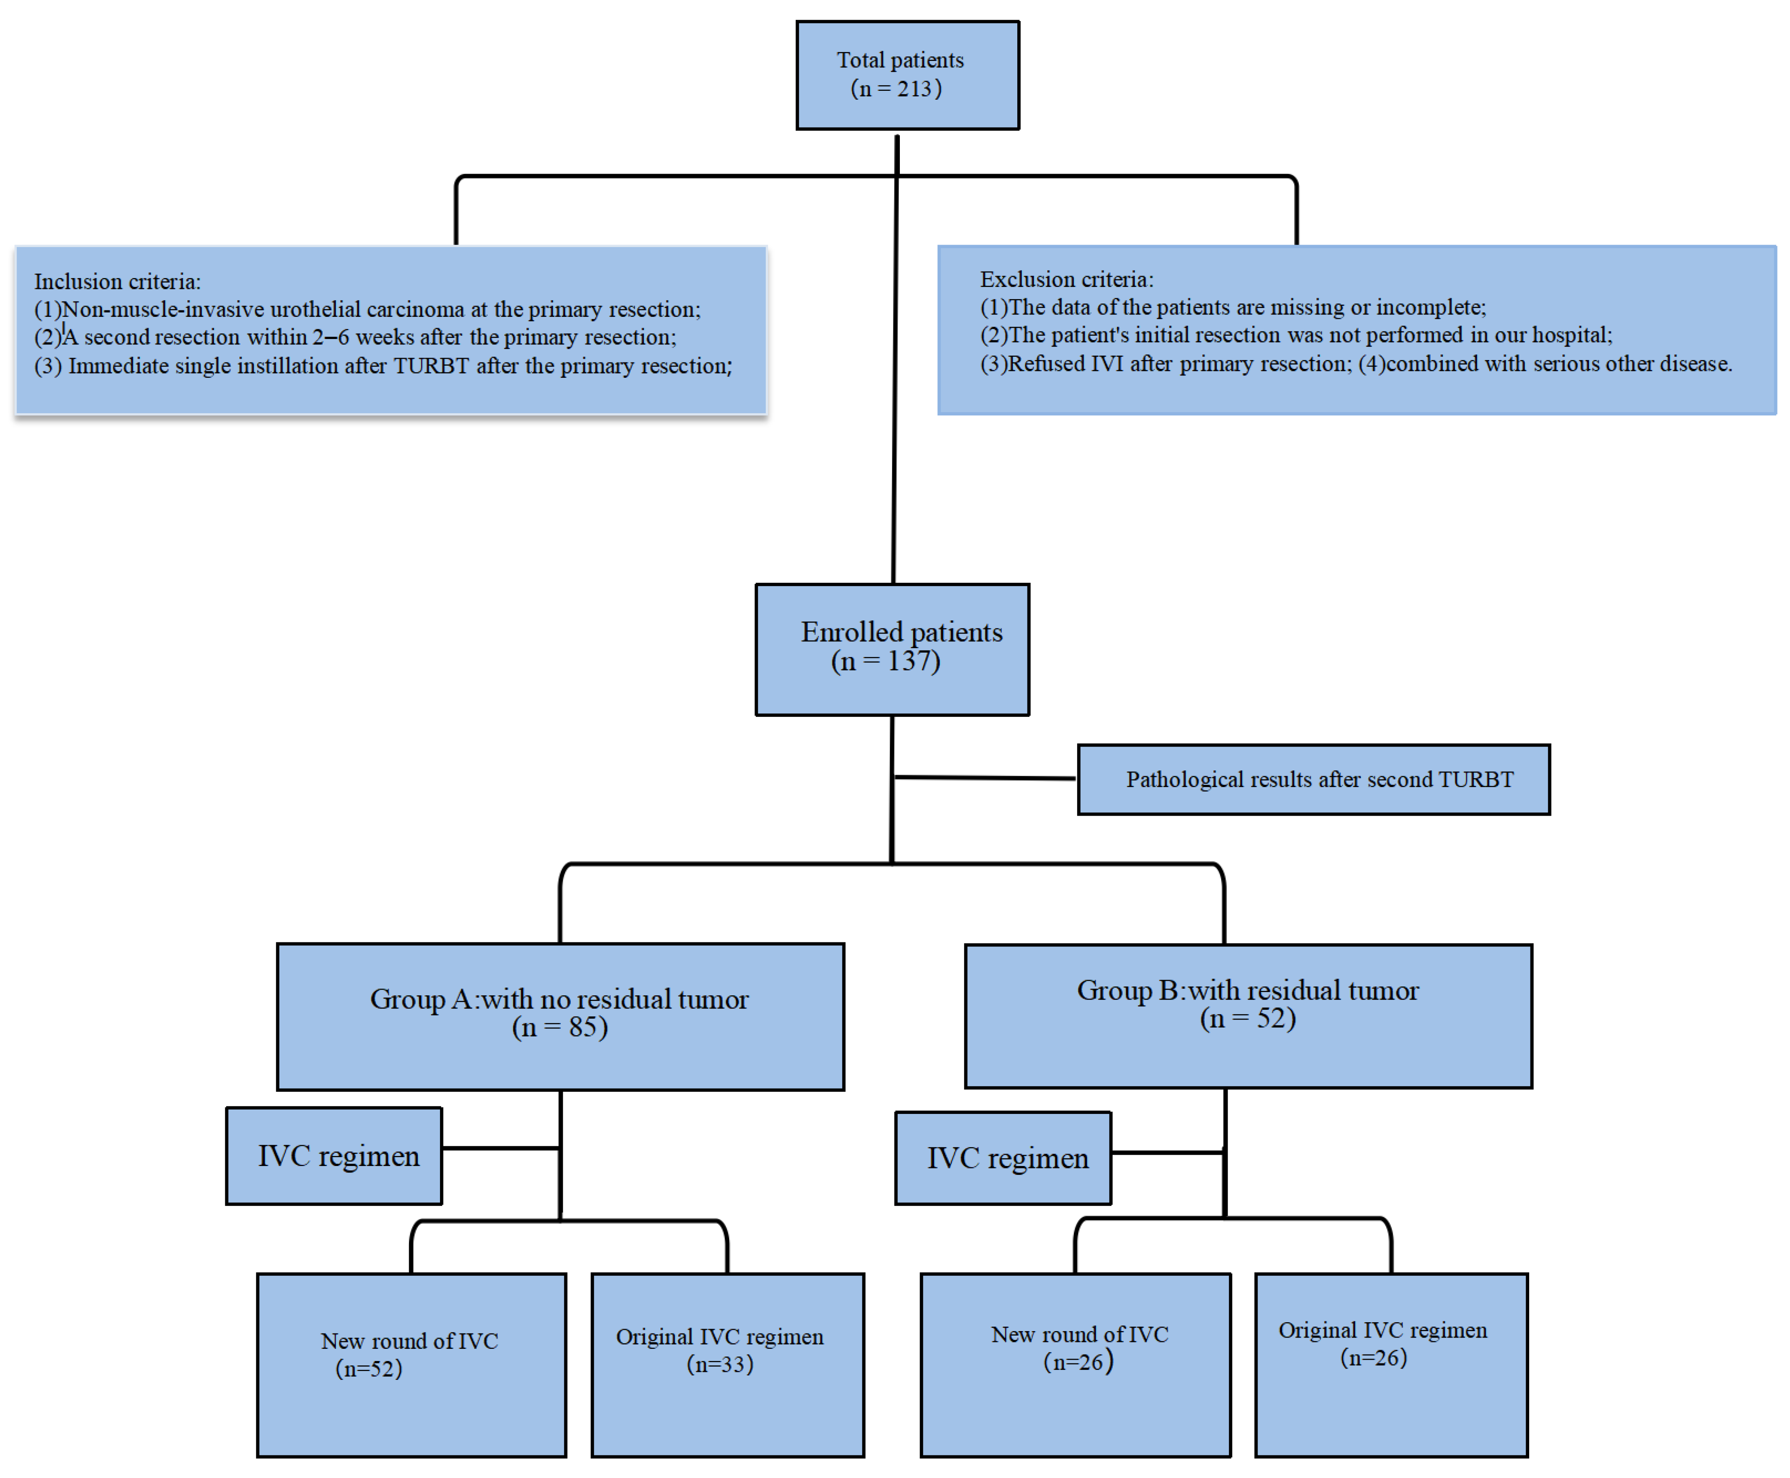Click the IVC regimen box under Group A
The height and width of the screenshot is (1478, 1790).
click(334, 1156)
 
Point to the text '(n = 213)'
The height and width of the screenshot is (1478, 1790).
click(896, 88)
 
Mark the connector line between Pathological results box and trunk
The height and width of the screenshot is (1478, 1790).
click(984, 777)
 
